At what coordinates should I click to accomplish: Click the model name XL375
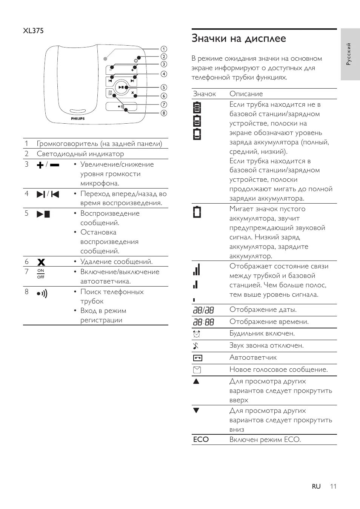(33, 31)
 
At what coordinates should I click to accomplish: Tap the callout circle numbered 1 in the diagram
(164, 49)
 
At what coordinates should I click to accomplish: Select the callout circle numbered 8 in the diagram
(164, 113)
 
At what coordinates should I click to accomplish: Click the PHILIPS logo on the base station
(78, 118)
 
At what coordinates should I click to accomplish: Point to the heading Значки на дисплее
(238, 38)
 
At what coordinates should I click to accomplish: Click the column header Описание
(246, 94)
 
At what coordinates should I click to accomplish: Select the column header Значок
(204, 94)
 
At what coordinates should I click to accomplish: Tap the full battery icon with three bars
(197, 107)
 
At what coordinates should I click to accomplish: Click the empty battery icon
(197, 212)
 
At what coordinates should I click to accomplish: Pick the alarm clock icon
(197, 334)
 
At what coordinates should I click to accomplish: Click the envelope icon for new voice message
(197, 370)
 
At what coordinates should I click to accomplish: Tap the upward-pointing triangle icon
(196, 381)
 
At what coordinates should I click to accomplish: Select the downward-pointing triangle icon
(196, 411)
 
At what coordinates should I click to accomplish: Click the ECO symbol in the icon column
(201, 440)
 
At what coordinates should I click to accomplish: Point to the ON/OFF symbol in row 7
(41, 273)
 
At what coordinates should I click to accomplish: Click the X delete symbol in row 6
(41, 262)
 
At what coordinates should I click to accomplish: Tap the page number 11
(332, 486)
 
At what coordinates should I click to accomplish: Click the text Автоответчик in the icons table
(253, 357)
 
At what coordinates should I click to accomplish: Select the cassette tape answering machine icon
(197, 358)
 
